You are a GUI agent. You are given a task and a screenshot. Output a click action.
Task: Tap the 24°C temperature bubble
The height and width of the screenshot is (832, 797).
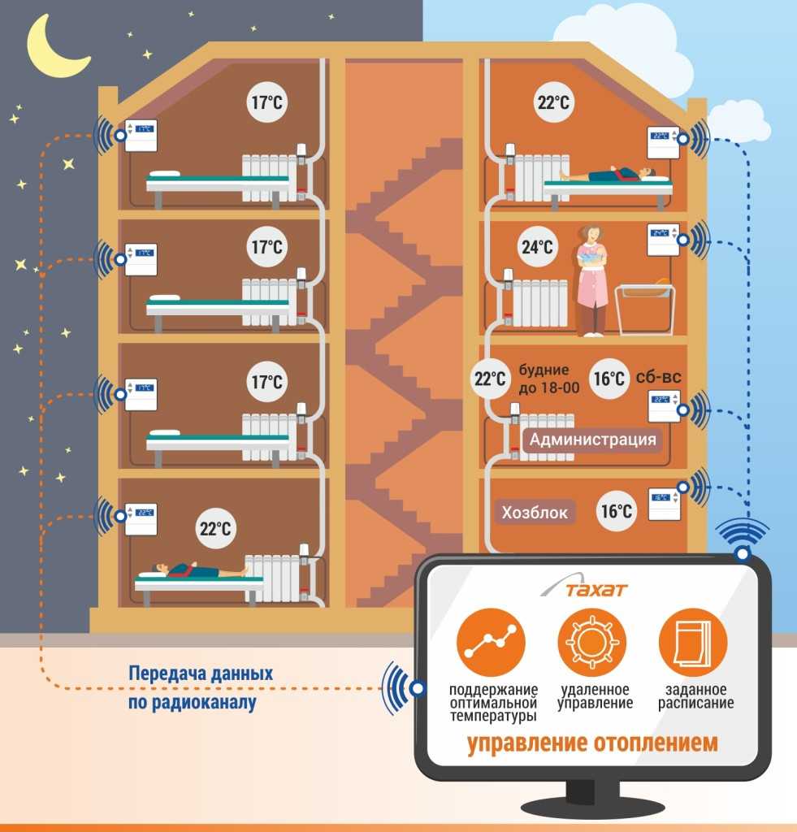coord(537,247)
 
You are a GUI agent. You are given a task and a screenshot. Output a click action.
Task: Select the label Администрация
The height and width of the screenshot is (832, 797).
coord(592,440)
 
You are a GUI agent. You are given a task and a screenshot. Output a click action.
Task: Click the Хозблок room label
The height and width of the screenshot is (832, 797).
coord(534,513)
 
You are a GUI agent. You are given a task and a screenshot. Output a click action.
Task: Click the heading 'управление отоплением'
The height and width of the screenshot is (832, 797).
coord(592,743)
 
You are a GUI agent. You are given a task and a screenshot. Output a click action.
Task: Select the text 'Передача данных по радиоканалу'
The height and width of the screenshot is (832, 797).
coord(200,688)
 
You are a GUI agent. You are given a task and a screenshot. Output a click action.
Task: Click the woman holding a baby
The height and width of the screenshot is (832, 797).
coord(592,278)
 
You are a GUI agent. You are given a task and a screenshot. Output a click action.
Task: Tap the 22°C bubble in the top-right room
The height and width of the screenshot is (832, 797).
coord(553,103)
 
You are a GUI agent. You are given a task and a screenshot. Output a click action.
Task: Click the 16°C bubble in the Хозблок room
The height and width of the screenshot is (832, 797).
coord(616,511)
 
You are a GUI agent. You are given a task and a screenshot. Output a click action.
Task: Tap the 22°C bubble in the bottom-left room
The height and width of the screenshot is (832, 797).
coord(215,529)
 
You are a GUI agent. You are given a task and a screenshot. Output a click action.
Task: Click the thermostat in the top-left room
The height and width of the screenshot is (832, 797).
coord(139,135)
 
